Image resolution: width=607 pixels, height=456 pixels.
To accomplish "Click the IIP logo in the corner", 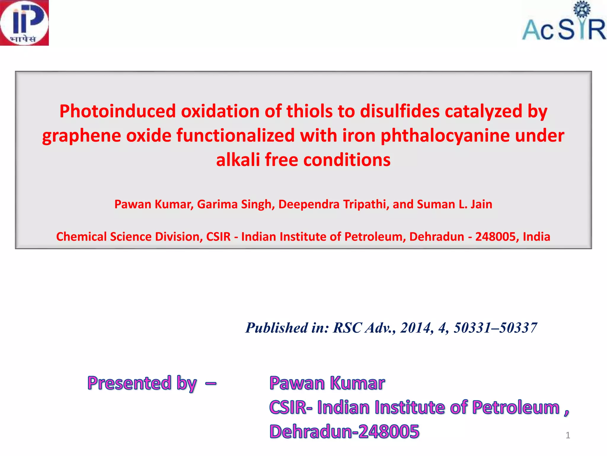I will [x=24, y=23].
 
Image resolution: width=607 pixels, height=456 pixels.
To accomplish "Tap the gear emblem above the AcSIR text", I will [x=582, y=9].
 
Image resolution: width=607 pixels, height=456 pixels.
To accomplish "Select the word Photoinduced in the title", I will [x=118, y=111].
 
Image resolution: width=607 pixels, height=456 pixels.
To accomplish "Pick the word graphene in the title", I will [x=82, y=136].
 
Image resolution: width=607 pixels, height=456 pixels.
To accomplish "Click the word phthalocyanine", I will [x=445, y=136].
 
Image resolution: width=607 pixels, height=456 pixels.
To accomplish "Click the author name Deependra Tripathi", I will [x=333, y=204].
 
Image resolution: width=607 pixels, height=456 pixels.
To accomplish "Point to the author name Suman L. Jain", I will [x=454, y=204].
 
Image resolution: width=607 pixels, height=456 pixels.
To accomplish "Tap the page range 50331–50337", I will [x=495, y=328].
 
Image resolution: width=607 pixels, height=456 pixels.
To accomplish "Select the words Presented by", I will [x=142, y=383].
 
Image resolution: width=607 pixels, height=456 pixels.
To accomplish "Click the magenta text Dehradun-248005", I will [x=344, y=431].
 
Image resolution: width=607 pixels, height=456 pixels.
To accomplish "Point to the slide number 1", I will [x=568, y=435].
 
